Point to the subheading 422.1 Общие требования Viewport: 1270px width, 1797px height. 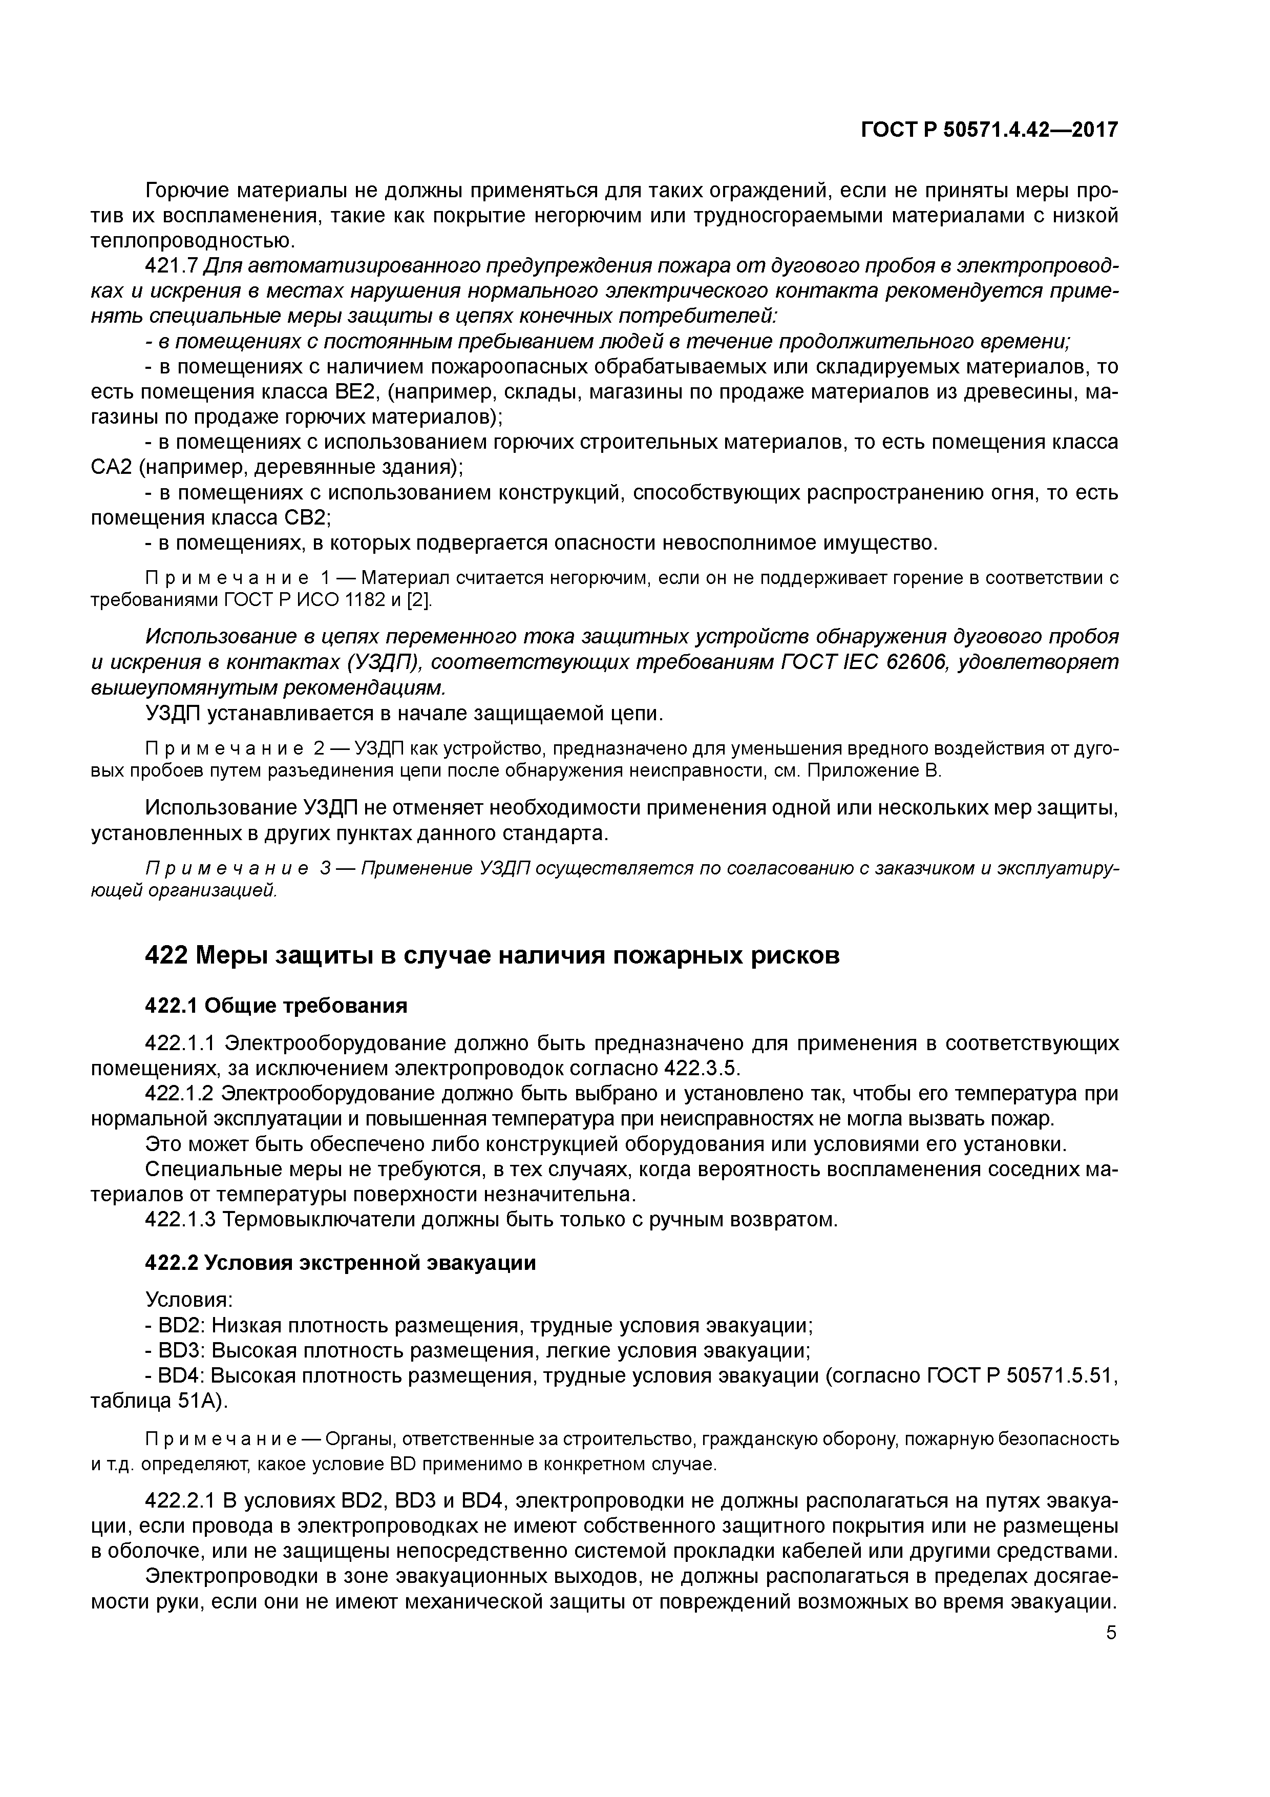coord(276,1006)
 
